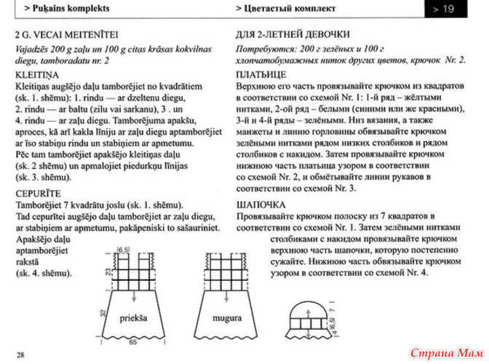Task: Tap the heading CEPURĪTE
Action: tap(40, 193)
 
